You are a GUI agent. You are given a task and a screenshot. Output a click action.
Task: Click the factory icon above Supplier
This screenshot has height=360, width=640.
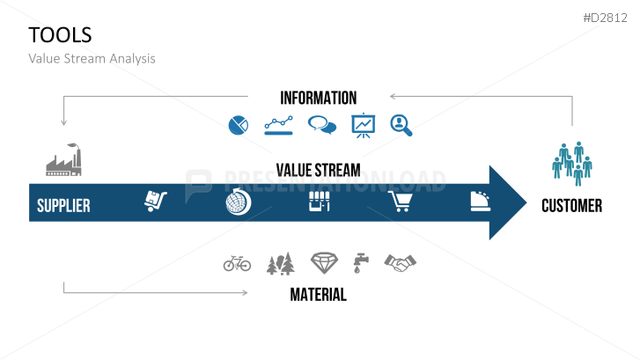63,159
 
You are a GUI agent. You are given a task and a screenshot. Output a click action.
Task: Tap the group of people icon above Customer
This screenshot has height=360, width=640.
572,164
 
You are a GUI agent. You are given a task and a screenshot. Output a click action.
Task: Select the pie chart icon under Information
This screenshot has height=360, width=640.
239,125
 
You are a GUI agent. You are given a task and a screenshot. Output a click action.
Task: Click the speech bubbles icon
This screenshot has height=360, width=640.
322,125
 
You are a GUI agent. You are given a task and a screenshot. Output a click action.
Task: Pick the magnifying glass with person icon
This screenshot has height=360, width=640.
401,125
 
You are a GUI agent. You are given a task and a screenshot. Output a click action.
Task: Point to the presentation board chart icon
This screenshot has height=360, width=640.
364,125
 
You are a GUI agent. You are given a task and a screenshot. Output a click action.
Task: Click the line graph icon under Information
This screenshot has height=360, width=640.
278,125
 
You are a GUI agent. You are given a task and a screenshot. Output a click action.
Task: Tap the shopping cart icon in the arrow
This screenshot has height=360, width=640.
400,202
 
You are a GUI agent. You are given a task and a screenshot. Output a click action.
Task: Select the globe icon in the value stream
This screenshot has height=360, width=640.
239,202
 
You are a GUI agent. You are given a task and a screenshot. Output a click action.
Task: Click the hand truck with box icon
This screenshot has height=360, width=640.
156,201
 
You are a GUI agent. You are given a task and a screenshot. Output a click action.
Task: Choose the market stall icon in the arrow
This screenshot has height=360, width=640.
320,202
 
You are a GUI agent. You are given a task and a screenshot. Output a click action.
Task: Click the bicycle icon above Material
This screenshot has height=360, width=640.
237,263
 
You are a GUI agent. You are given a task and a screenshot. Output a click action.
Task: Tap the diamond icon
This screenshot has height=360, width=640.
325,263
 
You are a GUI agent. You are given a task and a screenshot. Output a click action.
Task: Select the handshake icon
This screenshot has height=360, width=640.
400,263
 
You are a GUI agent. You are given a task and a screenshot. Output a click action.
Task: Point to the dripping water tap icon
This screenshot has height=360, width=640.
361,263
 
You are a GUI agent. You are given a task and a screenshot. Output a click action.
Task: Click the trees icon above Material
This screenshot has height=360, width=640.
281,263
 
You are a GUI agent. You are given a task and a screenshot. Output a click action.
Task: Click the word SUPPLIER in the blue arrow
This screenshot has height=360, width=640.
63,206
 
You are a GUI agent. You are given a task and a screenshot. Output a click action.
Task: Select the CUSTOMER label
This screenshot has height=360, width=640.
572,206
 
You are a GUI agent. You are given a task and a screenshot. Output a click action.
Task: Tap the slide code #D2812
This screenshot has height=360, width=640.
606,18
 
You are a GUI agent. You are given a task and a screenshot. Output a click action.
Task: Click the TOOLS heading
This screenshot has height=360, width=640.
60,35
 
